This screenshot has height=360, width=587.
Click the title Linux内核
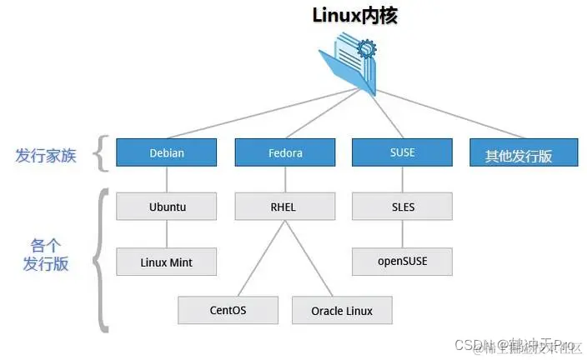click(354, 15)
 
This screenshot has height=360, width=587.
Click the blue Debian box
click(167, 153)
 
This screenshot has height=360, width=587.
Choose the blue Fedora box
click(285, 153)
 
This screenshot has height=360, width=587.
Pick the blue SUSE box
click(402, 153)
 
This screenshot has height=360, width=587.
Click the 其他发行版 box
click(519, 155)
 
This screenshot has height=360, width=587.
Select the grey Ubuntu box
click(167, 207)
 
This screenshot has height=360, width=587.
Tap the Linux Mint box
click(167, 262)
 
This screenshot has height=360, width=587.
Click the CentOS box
click(228, 310)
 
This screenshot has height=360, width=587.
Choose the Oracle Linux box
click(342, 310)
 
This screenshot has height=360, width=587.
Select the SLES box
click(402, 207)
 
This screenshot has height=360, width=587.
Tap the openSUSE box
click(402, 262)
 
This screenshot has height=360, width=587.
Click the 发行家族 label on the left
click(45, 155)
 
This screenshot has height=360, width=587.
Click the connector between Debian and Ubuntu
click(167, 180)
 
